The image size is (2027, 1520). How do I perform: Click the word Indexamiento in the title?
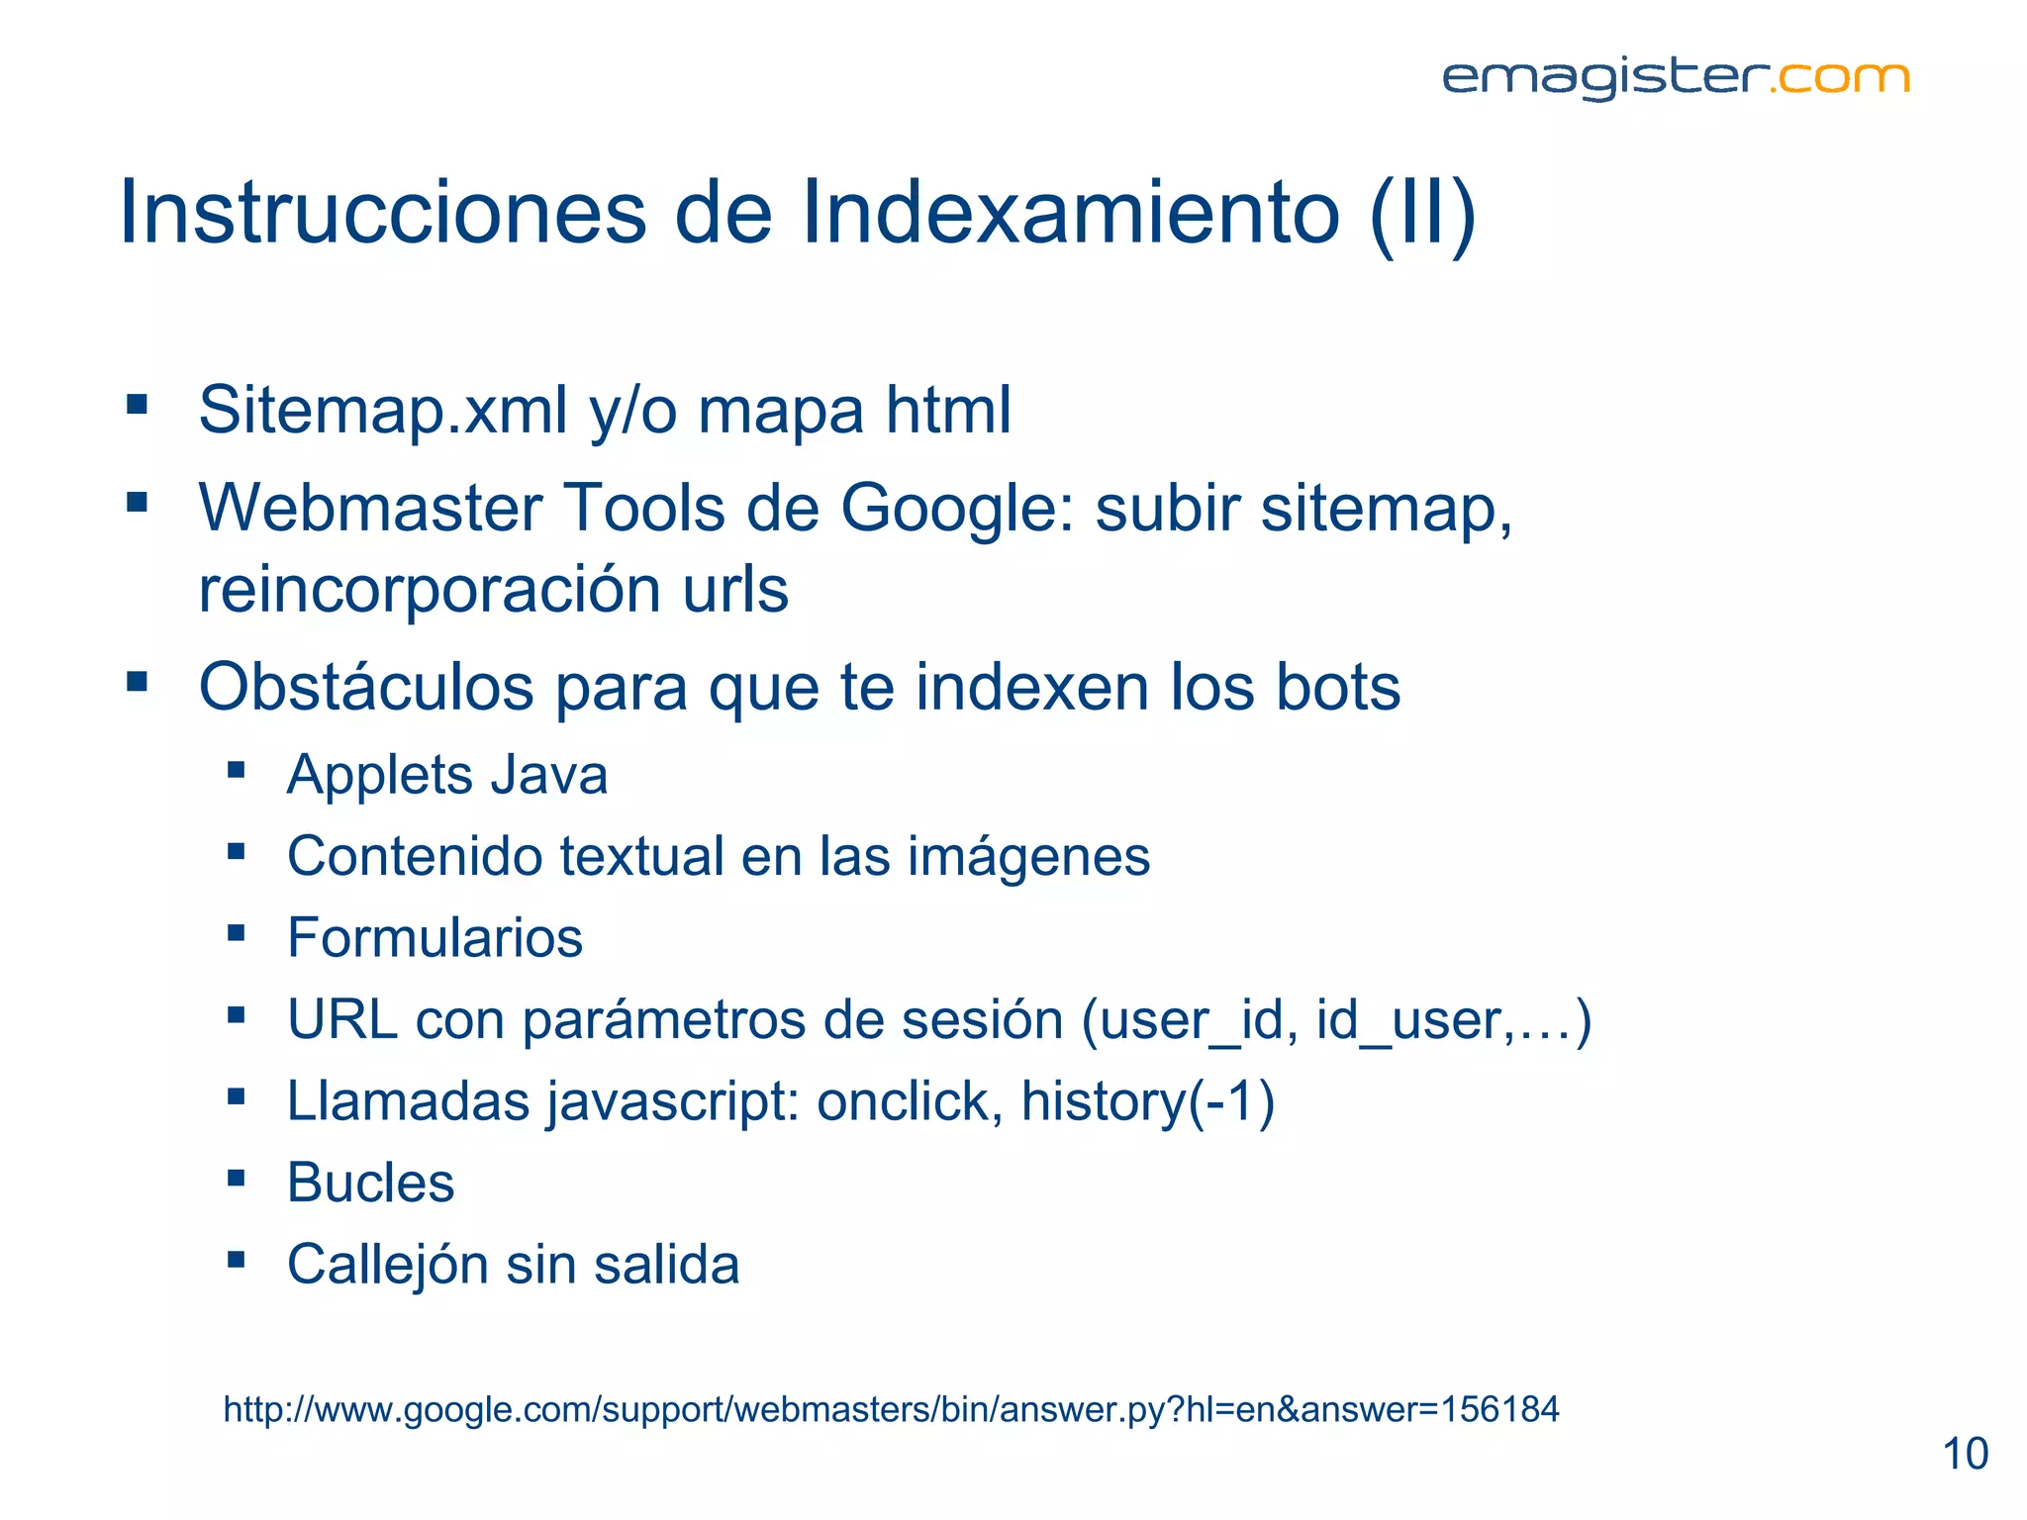1070,213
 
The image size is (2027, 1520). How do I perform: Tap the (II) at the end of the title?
1423,213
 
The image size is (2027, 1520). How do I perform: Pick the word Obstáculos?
366,687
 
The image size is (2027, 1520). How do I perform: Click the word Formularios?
434,938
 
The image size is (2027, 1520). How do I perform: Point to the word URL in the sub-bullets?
342,1019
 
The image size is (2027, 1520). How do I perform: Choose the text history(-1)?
1148,1101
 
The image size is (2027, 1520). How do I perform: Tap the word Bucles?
370,1183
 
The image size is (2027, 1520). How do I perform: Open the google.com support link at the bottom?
891,1409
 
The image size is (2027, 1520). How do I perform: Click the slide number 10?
1965,1455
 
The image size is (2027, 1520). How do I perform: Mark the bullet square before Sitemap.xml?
137,404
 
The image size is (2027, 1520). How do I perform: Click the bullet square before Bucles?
236,1178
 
